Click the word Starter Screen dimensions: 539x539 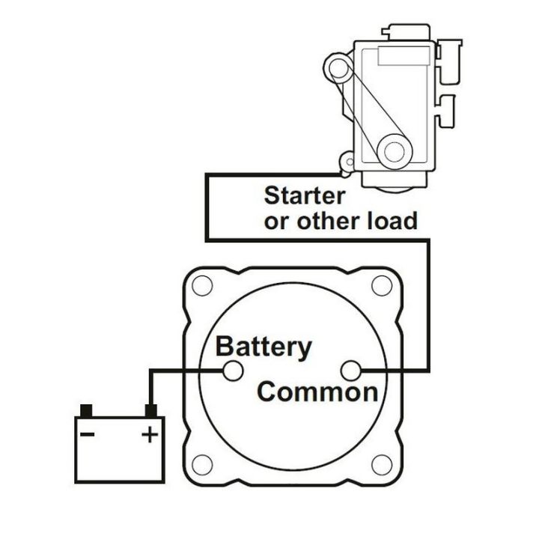click(x=305, y=196)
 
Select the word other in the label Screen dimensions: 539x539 click(x=328, y=221)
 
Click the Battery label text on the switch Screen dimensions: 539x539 click(x=264, y=347)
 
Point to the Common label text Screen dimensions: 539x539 click(x=317, y=392)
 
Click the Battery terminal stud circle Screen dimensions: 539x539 click(x=234, y=370)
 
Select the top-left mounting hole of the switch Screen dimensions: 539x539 click(x=201, y=287)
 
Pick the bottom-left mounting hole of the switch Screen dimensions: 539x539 click(x=201, y=463)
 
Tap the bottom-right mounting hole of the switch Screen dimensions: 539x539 click(x=382, y=463)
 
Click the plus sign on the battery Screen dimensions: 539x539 click(x=150, y=433)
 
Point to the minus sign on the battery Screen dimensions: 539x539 click(x=88, y=433)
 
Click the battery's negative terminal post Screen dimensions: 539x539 click(x=86, y=410)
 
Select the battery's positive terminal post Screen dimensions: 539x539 click(x=151, y=410)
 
